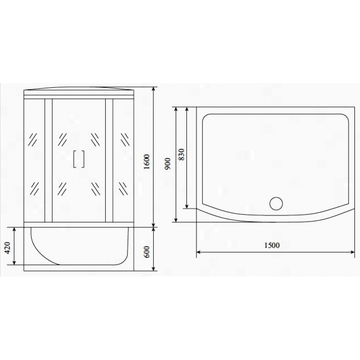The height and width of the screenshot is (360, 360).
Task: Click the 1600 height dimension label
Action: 147,162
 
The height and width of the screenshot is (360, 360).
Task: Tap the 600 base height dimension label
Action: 147,252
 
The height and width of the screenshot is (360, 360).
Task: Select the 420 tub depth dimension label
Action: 8,248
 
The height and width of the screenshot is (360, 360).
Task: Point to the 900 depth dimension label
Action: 168,164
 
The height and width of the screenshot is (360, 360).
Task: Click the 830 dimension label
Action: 181,154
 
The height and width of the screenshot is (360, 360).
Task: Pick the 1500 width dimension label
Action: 272,246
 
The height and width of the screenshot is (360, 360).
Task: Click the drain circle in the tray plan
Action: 276,204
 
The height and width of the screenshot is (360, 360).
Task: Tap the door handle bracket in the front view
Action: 79,159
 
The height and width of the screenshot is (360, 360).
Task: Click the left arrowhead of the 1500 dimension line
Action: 199,252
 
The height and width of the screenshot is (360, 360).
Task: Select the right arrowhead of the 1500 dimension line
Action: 352,252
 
